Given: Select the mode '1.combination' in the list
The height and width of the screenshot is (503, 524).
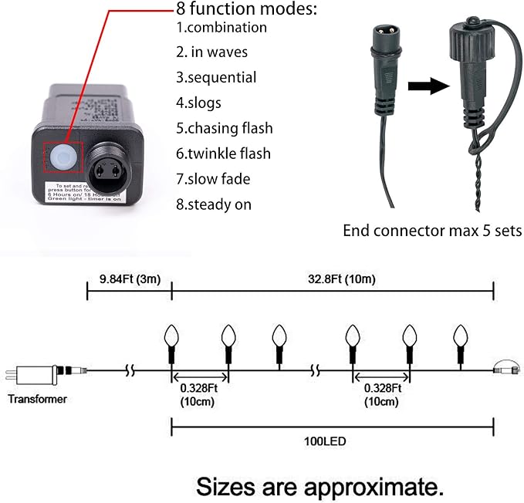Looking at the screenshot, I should pyautogui.click(x=221, y=28).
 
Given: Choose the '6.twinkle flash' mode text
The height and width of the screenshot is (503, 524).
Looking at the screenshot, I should pyautogui.click(x=224, y=154).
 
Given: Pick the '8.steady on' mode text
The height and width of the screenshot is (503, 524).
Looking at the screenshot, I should pyautogui.click(x=214, y=204).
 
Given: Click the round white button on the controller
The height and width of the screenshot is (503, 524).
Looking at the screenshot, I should pyautogui.click(x=62, y=158).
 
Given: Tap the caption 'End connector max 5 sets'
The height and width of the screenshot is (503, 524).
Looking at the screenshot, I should pyautogui.click(x=433, y=231).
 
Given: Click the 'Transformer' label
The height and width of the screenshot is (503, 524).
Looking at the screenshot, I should pyautogui.click(x=37, y=399).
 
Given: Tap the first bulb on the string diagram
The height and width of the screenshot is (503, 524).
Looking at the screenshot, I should pyautogui.click(x=172, y=336).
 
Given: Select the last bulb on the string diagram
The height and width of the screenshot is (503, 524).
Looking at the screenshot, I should pyautogui.click(x=461, y=336).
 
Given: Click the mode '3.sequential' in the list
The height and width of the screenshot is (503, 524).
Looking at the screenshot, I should pyautogui.click(x=215, y=78).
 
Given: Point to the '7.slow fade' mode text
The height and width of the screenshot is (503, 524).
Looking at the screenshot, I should pyautogui.click(x=213, y=179).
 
